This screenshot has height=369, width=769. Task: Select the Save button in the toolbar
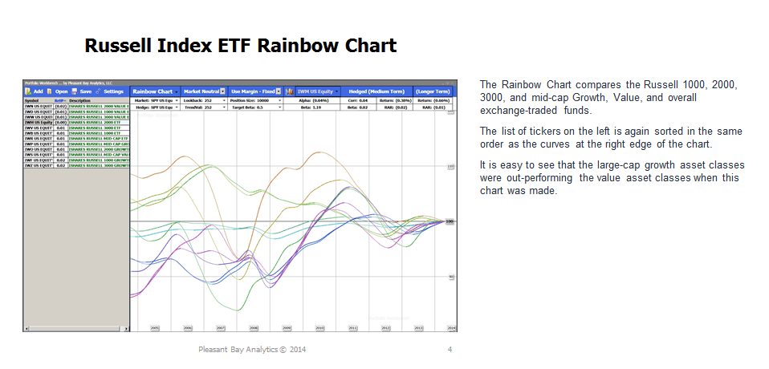(82, 91)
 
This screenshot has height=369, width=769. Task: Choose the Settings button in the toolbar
(110, 91)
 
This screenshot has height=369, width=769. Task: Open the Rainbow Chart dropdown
(155, 91)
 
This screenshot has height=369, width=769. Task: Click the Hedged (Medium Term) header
(376, 91)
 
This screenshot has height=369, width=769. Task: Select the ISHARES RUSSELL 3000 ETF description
(94, 126)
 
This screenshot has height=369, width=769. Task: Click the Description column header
(80, 100)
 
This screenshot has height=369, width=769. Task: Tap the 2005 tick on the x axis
(154, 328)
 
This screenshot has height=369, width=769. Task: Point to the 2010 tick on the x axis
(319, 328)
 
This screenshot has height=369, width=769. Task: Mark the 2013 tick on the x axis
(418, 328)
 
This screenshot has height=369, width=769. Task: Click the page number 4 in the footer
(450, 350)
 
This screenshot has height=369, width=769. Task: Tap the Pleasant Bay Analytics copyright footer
(252, 350)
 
